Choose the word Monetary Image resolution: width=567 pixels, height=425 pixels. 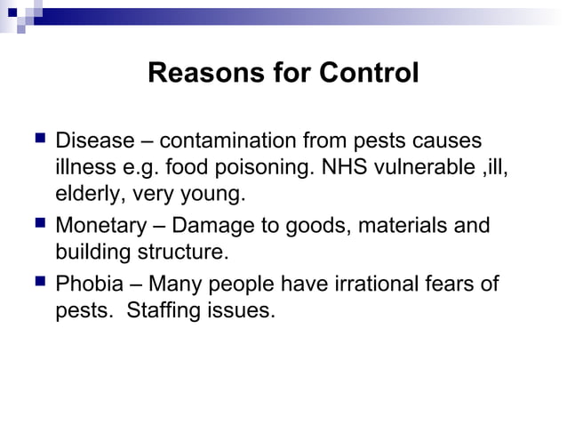(98, 226)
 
